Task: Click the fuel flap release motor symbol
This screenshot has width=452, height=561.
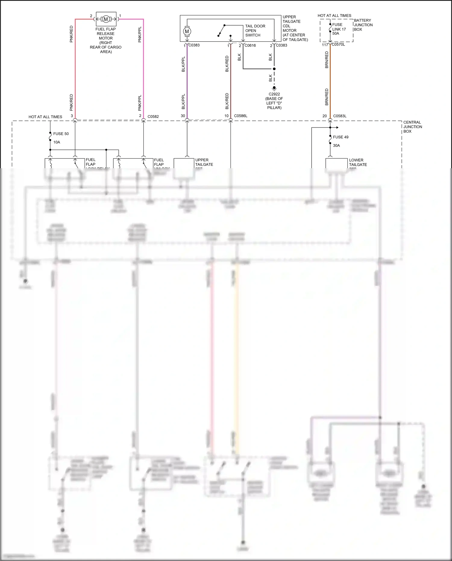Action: coord(106,19)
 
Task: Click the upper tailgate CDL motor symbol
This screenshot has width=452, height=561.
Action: coord(187,31)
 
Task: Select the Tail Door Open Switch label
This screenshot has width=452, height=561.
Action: coord(255,31)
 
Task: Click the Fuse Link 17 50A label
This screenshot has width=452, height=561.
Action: coord(339,29)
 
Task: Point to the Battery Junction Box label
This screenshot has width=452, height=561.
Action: coord(363,25)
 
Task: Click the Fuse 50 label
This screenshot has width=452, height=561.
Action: coord(61,134)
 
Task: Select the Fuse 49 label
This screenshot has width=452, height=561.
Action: coord(341,137)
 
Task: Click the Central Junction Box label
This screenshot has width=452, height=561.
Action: coord(413,127)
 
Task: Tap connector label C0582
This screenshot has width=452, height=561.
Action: coord(153,117)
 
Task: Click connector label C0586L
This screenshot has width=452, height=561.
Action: coord(240,116)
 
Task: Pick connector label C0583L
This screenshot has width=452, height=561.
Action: coord(340,116)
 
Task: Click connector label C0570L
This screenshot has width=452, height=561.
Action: coord(338,45)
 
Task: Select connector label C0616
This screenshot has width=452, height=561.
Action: coord(250,46)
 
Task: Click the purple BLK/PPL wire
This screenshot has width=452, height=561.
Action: coord(187,81)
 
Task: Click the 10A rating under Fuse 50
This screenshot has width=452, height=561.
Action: coord(57,142)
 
